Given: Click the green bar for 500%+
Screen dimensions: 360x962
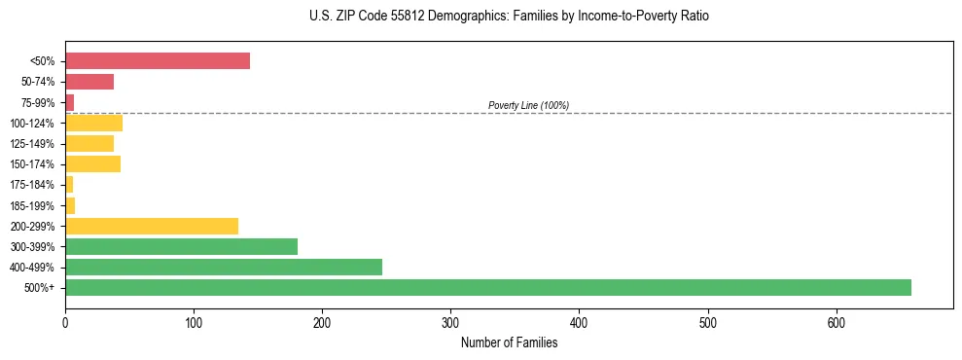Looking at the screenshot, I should coord(487,287).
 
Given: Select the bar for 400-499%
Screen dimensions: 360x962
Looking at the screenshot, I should coord(224,267).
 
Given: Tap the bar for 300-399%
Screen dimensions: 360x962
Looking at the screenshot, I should coord(181,246).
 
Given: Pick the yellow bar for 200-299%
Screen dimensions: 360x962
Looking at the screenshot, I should coord(152,226).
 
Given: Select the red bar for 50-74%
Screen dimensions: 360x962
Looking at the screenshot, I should coord(89,82).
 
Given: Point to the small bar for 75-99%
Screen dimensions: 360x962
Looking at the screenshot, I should coord(69,102).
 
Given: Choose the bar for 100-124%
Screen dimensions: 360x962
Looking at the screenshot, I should coord(93,123).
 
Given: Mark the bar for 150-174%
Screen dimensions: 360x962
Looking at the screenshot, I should coord(92,164).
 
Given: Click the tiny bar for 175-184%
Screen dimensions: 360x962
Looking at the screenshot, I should coord(69,185).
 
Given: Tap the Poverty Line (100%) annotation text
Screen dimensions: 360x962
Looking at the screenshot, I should coord(528,105).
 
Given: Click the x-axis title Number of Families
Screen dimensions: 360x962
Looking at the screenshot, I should coord(509,342).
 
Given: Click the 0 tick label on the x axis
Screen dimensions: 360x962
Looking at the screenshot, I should coord(65,322).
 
